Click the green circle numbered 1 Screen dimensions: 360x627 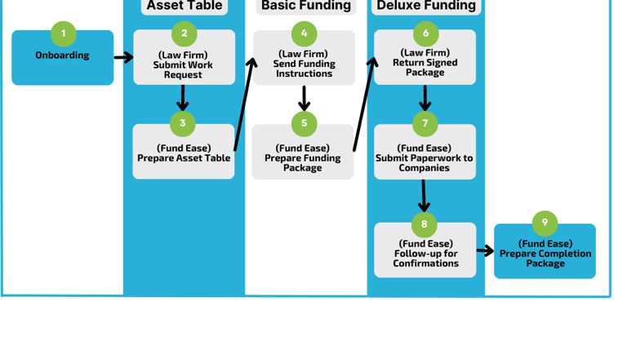point(63,33)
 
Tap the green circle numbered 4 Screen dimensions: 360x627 point(304,33)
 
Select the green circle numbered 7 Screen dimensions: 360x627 point(425,124)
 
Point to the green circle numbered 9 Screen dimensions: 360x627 point(545,223)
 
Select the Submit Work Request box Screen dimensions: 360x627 point(184,64)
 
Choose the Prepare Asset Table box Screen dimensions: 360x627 point(184,154)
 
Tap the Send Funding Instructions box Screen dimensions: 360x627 point(304,63)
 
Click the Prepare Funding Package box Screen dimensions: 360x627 point(303,158)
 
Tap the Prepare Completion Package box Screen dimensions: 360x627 point(545,255)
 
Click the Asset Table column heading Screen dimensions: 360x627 point(184,7)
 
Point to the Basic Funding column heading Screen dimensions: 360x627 point(305,7)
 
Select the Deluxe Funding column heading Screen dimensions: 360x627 point(425,7)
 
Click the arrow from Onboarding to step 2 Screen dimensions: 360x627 point(123,57)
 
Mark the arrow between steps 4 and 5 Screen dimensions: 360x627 point(304,98)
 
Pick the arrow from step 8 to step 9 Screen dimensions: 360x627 point(485,251)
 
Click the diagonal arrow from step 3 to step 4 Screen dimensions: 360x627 point(243,102)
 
